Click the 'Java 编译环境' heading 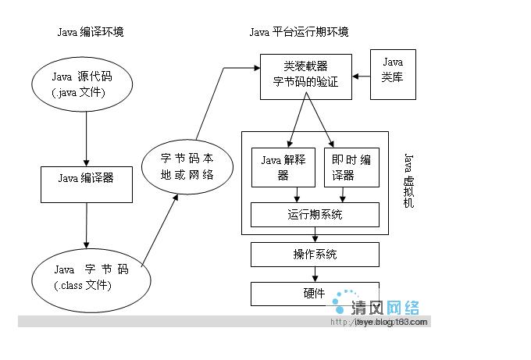click(91, 32)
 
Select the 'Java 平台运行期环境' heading click(298, 32)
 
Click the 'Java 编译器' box click(86, 178)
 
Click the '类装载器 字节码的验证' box click(305, 76)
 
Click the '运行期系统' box click(315, 215)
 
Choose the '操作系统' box click(315, 255)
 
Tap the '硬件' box click(315, 294)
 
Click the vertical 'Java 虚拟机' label click(408, 180)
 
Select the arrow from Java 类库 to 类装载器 click(361, 77)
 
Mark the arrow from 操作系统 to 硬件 click(315, 274)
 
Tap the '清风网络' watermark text click(386, 305)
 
